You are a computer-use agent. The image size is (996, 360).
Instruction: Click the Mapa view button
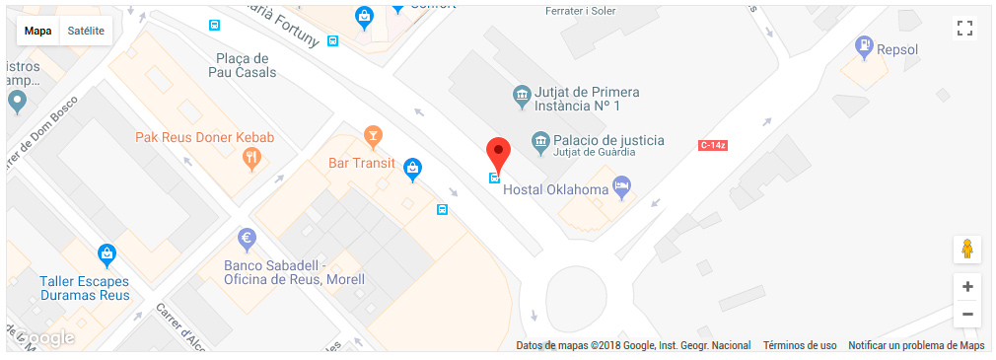click(x=38, y=31)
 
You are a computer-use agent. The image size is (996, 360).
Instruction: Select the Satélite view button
click(x=86, y=31)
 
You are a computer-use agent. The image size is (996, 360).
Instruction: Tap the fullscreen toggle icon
click(x=965, y=29)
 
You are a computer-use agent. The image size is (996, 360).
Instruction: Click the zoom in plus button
click(x=967, y=287)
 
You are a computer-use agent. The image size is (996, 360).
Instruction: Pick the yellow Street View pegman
click(x=967, y=249)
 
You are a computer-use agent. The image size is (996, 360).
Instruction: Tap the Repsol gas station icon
click(x=865, y=44)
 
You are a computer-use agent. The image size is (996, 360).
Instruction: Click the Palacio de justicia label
click(x=607, y=140)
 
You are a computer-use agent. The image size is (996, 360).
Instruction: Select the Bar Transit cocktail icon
click(x=373, y=134)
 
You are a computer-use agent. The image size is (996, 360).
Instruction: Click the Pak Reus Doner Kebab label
click(x=204, y=137)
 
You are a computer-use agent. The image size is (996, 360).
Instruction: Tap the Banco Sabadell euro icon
click(x=248, y=238)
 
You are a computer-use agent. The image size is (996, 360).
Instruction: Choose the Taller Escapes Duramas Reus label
click(x=84, y=287)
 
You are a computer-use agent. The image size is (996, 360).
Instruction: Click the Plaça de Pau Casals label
click(x=242, y=65)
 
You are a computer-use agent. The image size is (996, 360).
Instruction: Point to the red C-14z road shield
click(x=712, y=145)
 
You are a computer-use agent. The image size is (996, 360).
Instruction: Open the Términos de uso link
click(x=800, y=345)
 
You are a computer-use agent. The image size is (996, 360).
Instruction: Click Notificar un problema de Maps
click(x=916, y=345)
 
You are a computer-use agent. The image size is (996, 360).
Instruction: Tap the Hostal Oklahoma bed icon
click(x=621, y=184)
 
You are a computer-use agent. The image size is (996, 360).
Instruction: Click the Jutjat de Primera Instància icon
click(x=521, y=96)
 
